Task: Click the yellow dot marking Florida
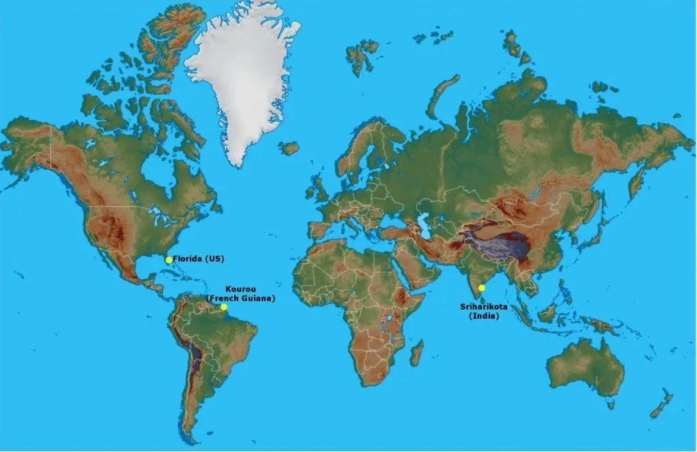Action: [169, 259]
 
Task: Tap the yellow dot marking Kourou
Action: [223, 307]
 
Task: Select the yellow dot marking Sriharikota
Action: [482, 288]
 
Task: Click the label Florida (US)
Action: [198, 259]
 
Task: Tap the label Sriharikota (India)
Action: [479, 311]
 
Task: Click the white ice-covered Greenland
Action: [242, 75]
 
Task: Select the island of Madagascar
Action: [416, 353]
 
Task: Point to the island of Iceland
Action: [289, 147]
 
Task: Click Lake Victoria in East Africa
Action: [389, 318]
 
